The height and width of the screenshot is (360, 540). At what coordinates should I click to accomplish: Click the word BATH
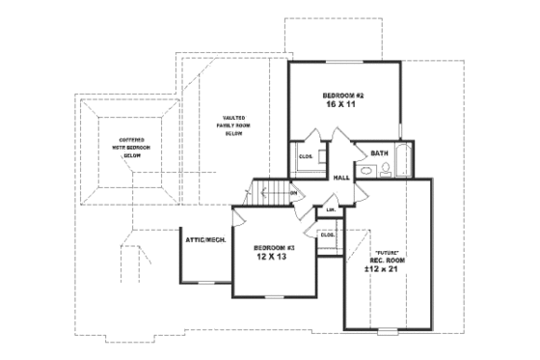[x=380, y=152]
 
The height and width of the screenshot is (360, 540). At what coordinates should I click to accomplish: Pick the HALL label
[x=341, y=178]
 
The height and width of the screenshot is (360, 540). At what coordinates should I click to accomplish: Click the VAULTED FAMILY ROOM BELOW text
[x=232, y=125]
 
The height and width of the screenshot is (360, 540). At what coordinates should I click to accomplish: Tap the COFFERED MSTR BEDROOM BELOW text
[x=132, y=148]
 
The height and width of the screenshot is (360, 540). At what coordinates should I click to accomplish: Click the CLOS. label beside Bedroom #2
[x=306, y=156]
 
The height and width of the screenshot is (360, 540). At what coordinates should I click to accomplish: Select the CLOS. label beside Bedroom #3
[x=327, y=234]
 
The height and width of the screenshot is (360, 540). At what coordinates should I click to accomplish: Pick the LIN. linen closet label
[x=331, y=209]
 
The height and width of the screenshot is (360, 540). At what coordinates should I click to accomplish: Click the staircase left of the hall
[x=269, y=191]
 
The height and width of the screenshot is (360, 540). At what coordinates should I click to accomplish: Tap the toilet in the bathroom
[x=385, y=171]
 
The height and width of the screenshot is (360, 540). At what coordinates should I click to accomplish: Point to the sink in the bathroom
[x=366, y=172]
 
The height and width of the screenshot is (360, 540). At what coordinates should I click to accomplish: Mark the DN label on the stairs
[x=292, y=193]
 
